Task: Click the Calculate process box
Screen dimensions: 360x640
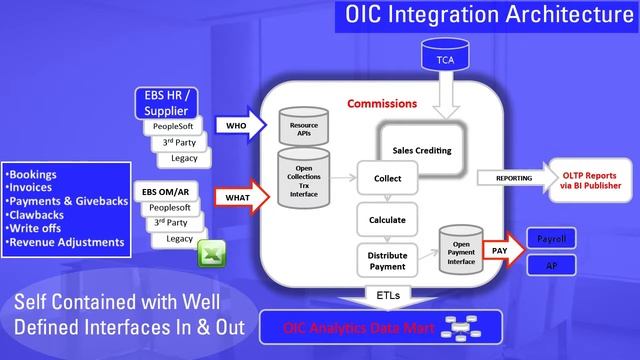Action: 385,219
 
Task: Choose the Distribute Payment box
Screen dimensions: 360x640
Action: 385,260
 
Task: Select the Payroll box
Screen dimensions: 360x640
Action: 551,241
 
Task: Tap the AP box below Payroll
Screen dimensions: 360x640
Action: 551,267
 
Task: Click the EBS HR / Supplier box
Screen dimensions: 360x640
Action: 170,103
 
